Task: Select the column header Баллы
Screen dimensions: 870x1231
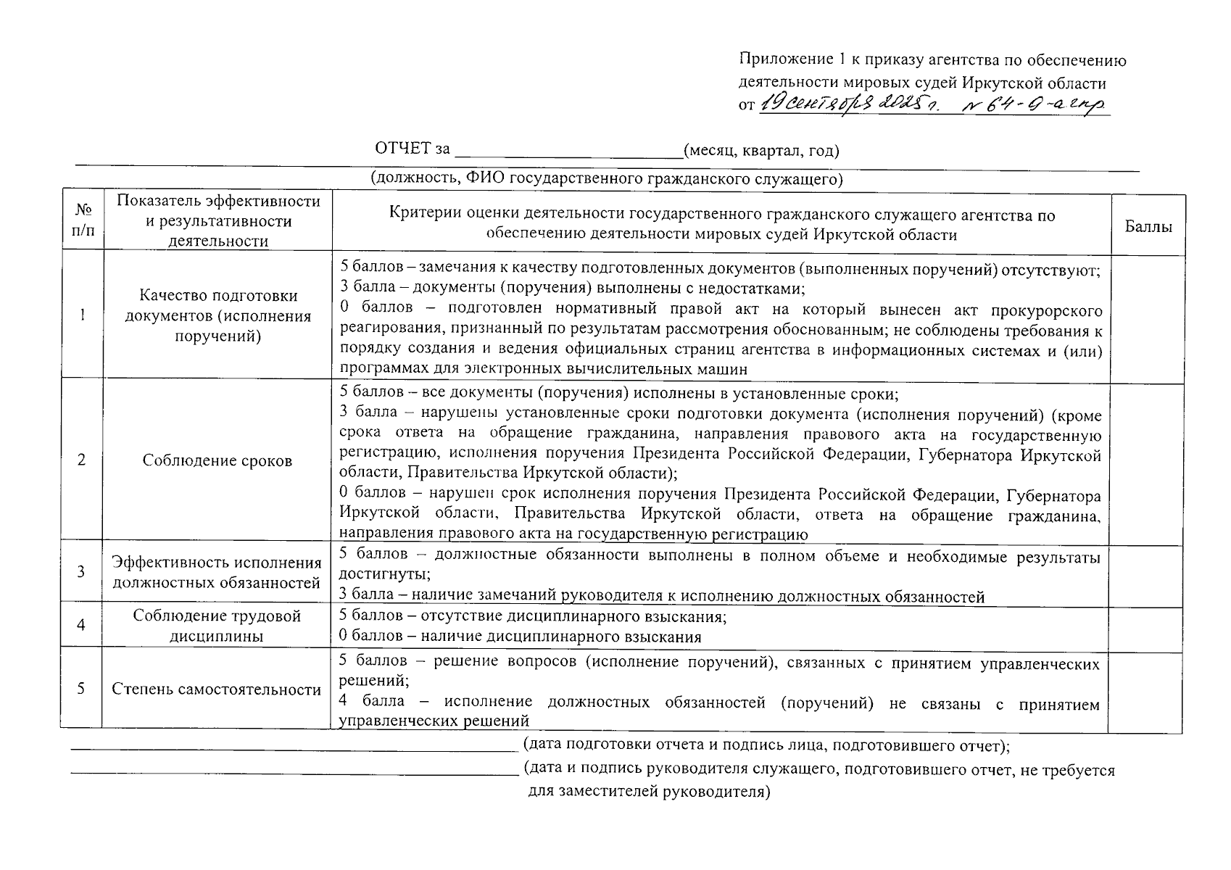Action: (1148, 226)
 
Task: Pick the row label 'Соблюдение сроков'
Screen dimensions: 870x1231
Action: (217, 460)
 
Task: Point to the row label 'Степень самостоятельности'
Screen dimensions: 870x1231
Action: (216, 689)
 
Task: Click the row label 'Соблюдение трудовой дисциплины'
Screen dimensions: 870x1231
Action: (217, 626)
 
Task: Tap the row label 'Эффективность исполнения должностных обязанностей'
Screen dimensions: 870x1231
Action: (216, 572)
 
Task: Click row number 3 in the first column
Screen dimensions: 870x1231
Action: (81, 572)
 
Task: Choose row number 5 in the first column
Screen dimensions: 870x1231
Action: (81, 689)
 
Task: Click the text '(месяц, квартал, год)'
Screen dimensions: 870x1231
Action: (762, 151)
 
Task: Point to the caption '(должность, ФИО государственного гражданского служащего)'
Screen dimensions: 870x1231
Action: (607, 179)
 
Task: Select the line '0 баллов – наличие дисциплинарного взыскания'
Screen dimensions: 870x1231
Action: (521, 637)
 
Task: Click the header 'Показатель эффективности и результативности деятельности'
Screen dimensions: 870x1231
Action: (218, 221)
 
